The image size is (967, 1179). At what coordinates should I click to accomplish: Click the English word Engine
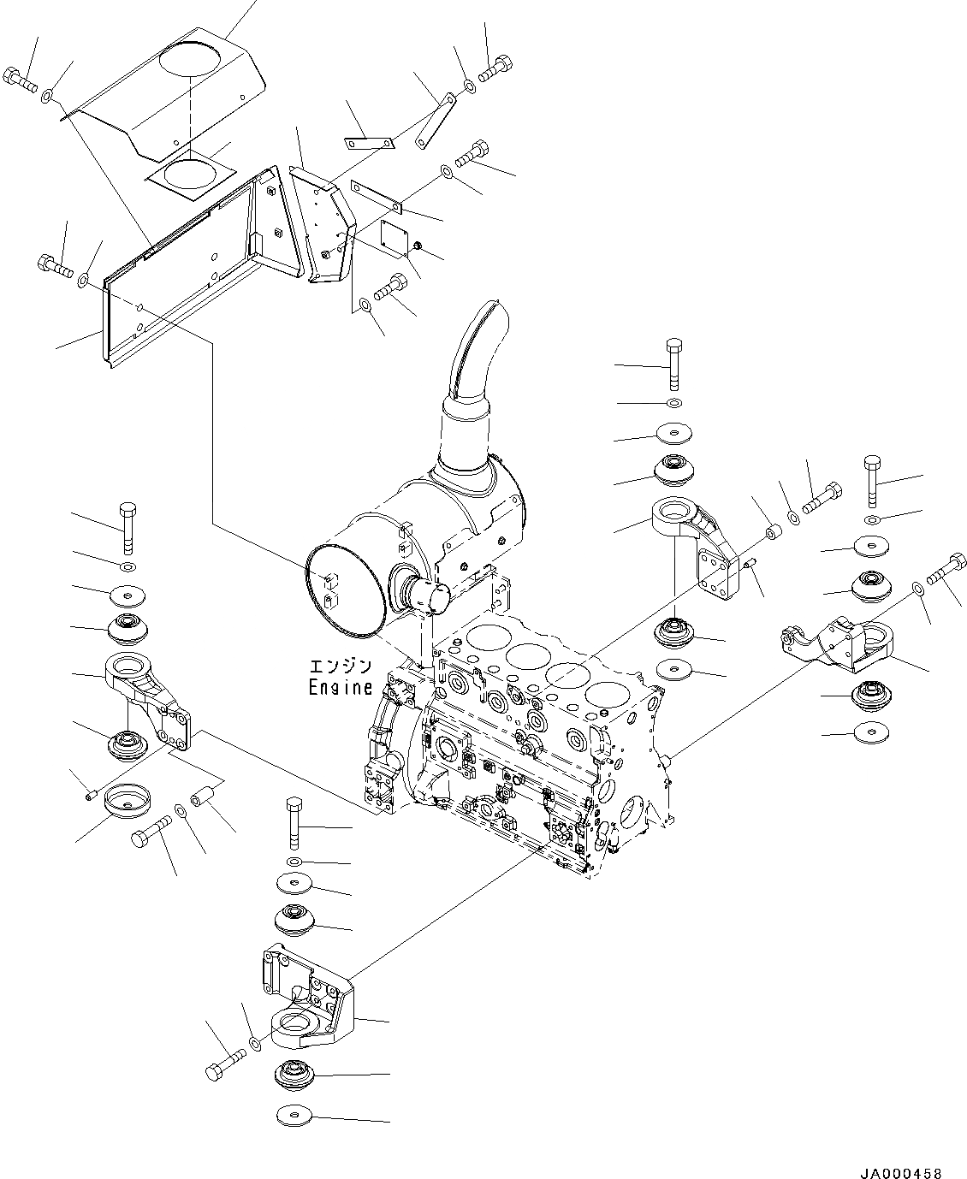point(340,687)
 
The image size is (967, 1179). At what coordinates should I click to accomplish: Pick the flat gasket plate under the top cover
point(189,175)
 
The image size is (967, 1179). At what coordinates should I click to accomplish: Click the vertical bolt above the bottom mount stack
point(293,821)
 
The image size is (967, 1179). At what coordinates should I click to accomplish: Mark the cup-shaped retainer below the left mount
point(127,802)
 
